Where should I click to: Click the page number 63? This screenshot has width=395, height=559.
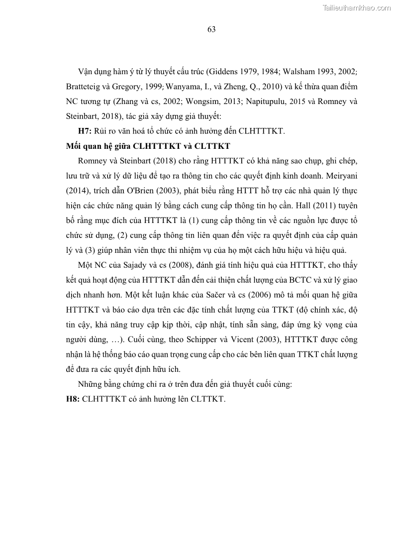pyautogui.click(x=211, y=29)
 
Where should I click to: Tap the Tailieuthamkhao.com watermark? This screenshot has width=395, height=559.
pyautogui.click(x=357, y=7)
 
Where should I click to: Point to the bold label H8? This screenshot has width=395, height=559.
pyautogui.click(x=73, y=399)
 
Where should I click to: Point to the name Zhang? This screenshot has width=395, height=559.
pyautogui.click(x=125, y=102)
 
